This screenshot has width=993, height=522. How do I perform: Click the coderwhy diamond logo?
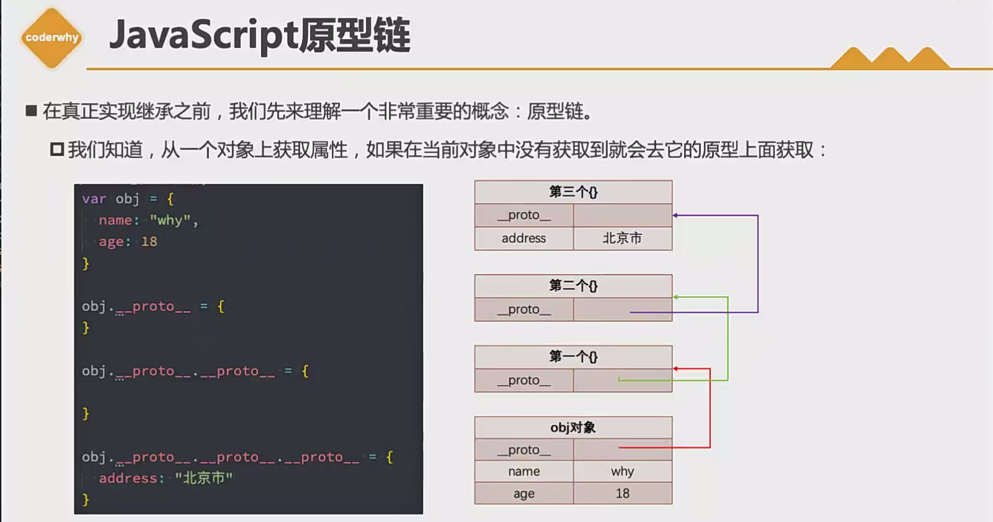pyautogui.click(x=51, y=38)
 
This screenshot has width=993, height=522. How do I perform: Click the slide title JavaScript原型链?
pyautogui.click(x=259, y=36)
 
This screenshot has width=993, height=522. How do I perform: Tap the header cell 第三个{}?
pyautogui.click(x=573, y=192)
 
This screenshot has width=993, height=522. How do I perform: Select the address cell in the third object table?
pyautogui.click(x=524, y=239)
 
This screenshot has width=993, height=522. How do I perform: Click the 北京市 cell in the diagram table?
pyautogui.click(x=622, y=239)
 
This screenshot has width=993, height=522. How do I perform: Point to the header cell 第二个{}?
pyautogui.click(x=573, y=286)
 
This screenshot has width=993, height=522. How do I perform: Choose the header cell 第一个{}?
pyautogui.click(x=573, y=356)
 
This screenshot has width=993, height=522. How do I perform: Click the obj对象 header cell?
pyautogui.click(x=573, y=428)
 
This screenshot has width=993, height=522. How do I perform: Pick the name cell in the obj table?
pyautogui.click(x=524, y=472)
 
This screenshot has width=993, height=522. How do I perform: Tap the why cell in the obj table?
pyautogui.click(x=622, y=472)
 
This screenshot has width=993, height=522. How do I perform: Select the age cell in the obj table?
pyautogui.click(x=524, y=493)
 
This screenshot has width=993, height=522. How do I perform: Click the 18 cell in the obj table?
pyautogui.click(x=622, y=493)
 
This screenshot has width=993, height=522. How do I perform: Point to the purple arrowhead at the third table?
pyautogui.click(x=675, y=215)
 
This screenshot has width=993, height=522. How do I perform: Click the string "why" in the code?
pyautogui.click(x=170, y=221)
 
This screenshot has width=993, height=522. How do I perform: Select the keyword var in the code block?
pyautogui.click(x=94, y=199)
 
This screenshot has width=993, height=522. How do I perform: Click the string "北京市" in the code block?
pyautogui.click(x=203, y=478)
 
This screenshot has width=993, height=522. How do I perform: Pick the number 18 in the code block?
pyautogui.click(x=149, y=242)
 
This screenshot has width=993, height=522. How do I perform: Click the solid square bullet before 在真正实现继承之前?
pyautogui.click(x=31, y=111)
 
